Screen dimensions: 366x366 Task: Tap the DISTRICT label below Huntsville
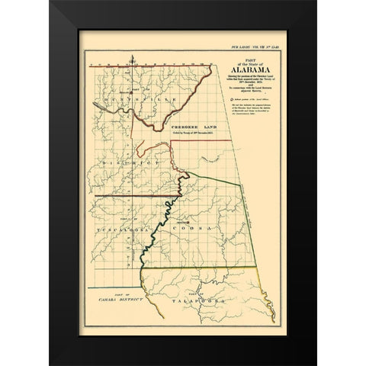(x=127, y=163)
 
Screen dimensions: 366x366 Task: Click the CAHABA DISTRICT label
(x=124, y=298)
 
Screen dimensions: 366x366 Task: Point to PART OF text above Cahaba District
(x=124, y=292)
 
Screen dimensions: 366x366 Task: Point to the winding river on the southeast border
(x=263, y=305)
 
